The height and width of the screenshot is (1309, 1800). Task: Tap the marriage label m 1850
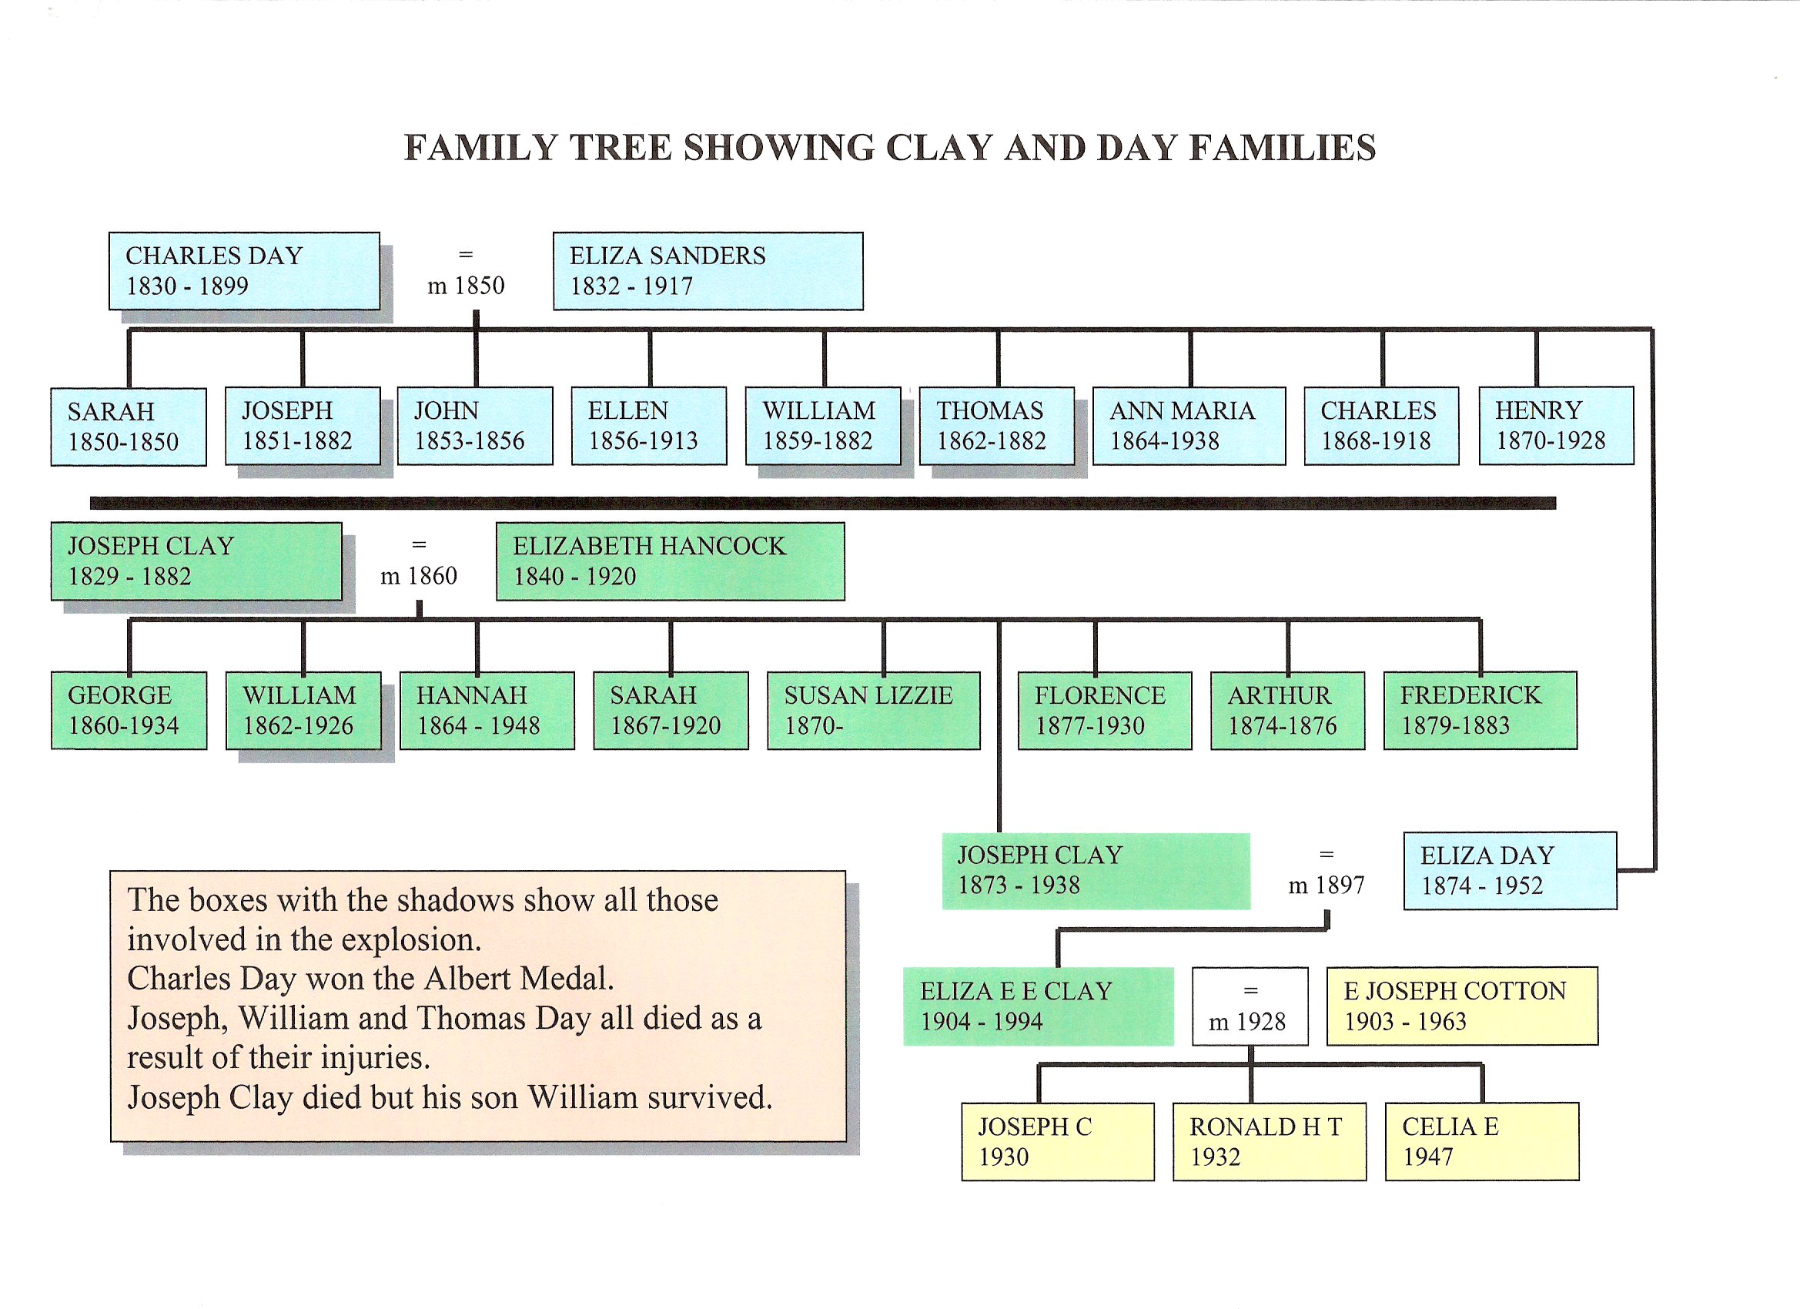click(x=466, y=285)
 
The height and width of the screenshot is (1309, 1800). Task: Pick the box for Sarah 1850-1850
click(x=129, y=427)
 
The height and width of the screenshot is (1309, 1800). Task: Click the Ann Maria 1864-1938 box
click(x=1188, y=426)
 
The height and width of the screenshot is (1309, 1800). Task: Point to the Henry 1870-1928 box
click(x=1555, y=426)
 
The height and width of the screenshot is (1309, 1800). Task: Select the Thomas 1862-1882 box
click(x=996, y=426)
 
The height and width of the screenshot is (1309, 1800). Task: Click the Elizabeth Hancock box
click(x=670, y=561)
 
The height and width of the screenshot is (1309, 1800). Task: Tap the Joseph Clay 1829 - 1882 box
click(x=196, y=561)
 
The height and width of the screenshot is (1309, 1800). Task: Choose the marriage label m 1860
click(x=418, y=574)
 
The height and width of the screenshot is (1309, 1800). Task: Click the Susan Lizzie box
click(x=873, y=711)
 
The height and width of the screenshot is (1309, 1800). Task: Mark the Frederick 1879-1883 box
click(x=1480, y=711)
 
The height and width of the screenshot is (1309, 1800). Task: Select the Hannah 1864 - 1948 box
click(x=487, y=711)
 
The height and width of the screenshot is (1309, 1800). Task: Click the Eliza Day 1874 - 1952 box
click(x=1510, y=871)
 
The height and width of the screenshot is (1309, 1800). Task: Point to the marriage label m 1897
click(x=1326, y=884)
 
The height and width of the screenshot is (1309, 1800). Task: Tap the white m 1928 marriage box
click(x=1250, y=1006)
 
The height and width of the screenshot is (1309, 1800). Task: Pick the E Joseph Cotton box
click(x=1462, y=1006)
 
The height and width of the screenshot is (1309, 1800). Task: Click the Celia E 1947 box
click(x=1482, y=1141)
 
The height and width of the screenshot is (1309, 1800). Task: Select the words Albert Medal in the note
click(x=518, y=979)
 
